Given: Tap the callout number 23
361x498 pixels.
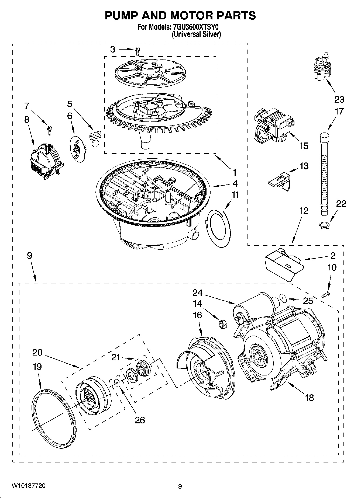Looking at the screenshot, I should point(339,99).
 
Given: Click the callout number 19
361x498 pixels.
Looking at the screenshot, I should point(37,367).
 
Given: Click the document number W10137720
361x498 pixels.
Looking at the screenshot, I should point(28,486).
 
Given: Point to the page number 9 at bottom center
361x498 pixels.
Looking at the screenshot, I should point(180,486).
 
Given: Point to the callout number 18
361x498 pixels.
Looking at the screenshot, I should point(309,397).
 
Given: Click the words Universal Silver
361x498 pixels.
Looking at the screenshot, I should point(196,34).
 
